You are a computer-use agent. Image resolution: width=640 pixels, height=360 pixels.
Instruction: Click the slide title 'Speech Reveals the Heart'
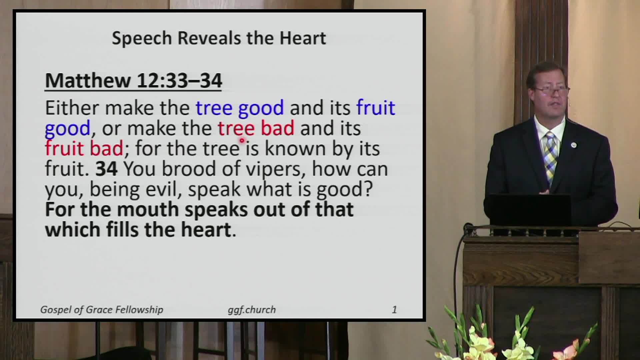[x=219, y=38]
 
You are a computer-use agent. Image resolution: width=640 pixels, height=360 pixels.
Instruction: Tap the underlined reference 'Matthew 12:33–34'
[x=133, y=81]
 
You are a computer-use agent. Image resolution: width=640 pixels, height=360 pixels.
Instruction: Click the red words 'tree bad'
[x=256, y=128]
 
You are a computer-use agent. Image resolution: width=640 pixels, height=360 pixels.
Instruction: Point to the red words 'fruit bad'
[x=84, y=148]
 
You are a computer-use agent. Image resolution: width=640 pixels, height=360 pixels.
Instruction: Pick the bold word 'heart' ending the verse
[x=206, y=230]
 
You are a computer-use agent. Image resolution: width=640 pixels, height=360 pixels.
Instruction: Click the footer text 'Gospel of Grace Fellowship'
[x=102, y=310]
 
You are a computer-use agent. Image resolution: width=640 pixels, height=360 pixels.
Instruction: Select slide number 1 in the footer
[x=394, y=310]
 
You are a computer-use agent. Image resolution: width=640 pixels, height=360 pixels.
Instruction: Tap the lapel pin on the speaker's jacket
[x=573, y=145]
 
